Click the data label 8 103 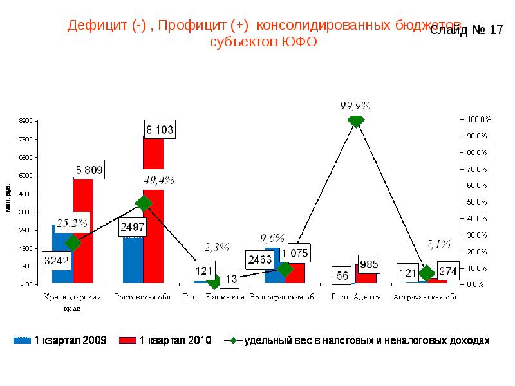pyautogui.click(x=159, y=129)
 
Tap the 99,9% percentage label pyautogui.click(x=355, y=105)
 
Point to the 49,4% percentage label pyautogui.click(x=159, y=180)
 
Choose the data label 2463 pyautogui.click(x=260, y=260)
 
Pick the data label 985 pyautogui.click(x=370, y=263)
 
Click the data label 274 pyautogui.click(x=448, y=271)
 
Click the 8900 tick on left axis pyautogui.click(x=25, y=121)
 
